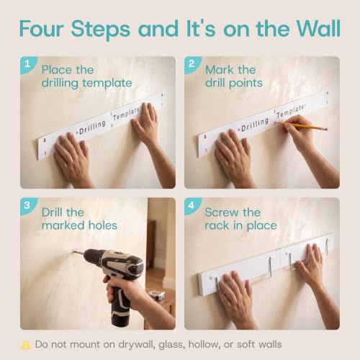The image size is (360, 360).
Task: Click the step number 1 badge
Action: tap(27, 64)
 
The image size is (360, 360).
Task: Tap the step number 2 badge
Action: tap(192, 64)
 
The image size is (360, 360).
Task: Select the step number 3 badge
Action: tap(27, 205)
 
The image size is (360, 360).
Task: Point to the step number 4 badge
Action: tap(192, 205)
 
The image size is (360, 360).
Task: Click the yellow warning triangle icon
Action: tap(26, 345)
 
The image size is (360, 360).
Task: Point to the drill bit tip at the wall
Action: tap(72, 251)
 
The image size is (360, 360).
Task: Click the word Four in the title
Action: tap(41, 29)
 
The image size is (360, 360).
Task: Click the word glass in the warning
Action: tap(171, 345)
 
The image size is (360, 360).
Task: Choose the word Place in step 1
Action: tap(57, 70)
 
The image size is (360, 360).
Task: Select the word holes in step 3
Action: tap(103, 225)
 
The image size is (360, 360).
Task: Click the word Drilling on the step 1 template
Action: tap(92, 127)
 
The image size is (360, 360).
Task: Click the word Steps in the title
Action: tap(101, 29)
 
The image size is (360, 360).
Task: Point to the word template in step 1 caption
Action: tap(107, 84)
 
